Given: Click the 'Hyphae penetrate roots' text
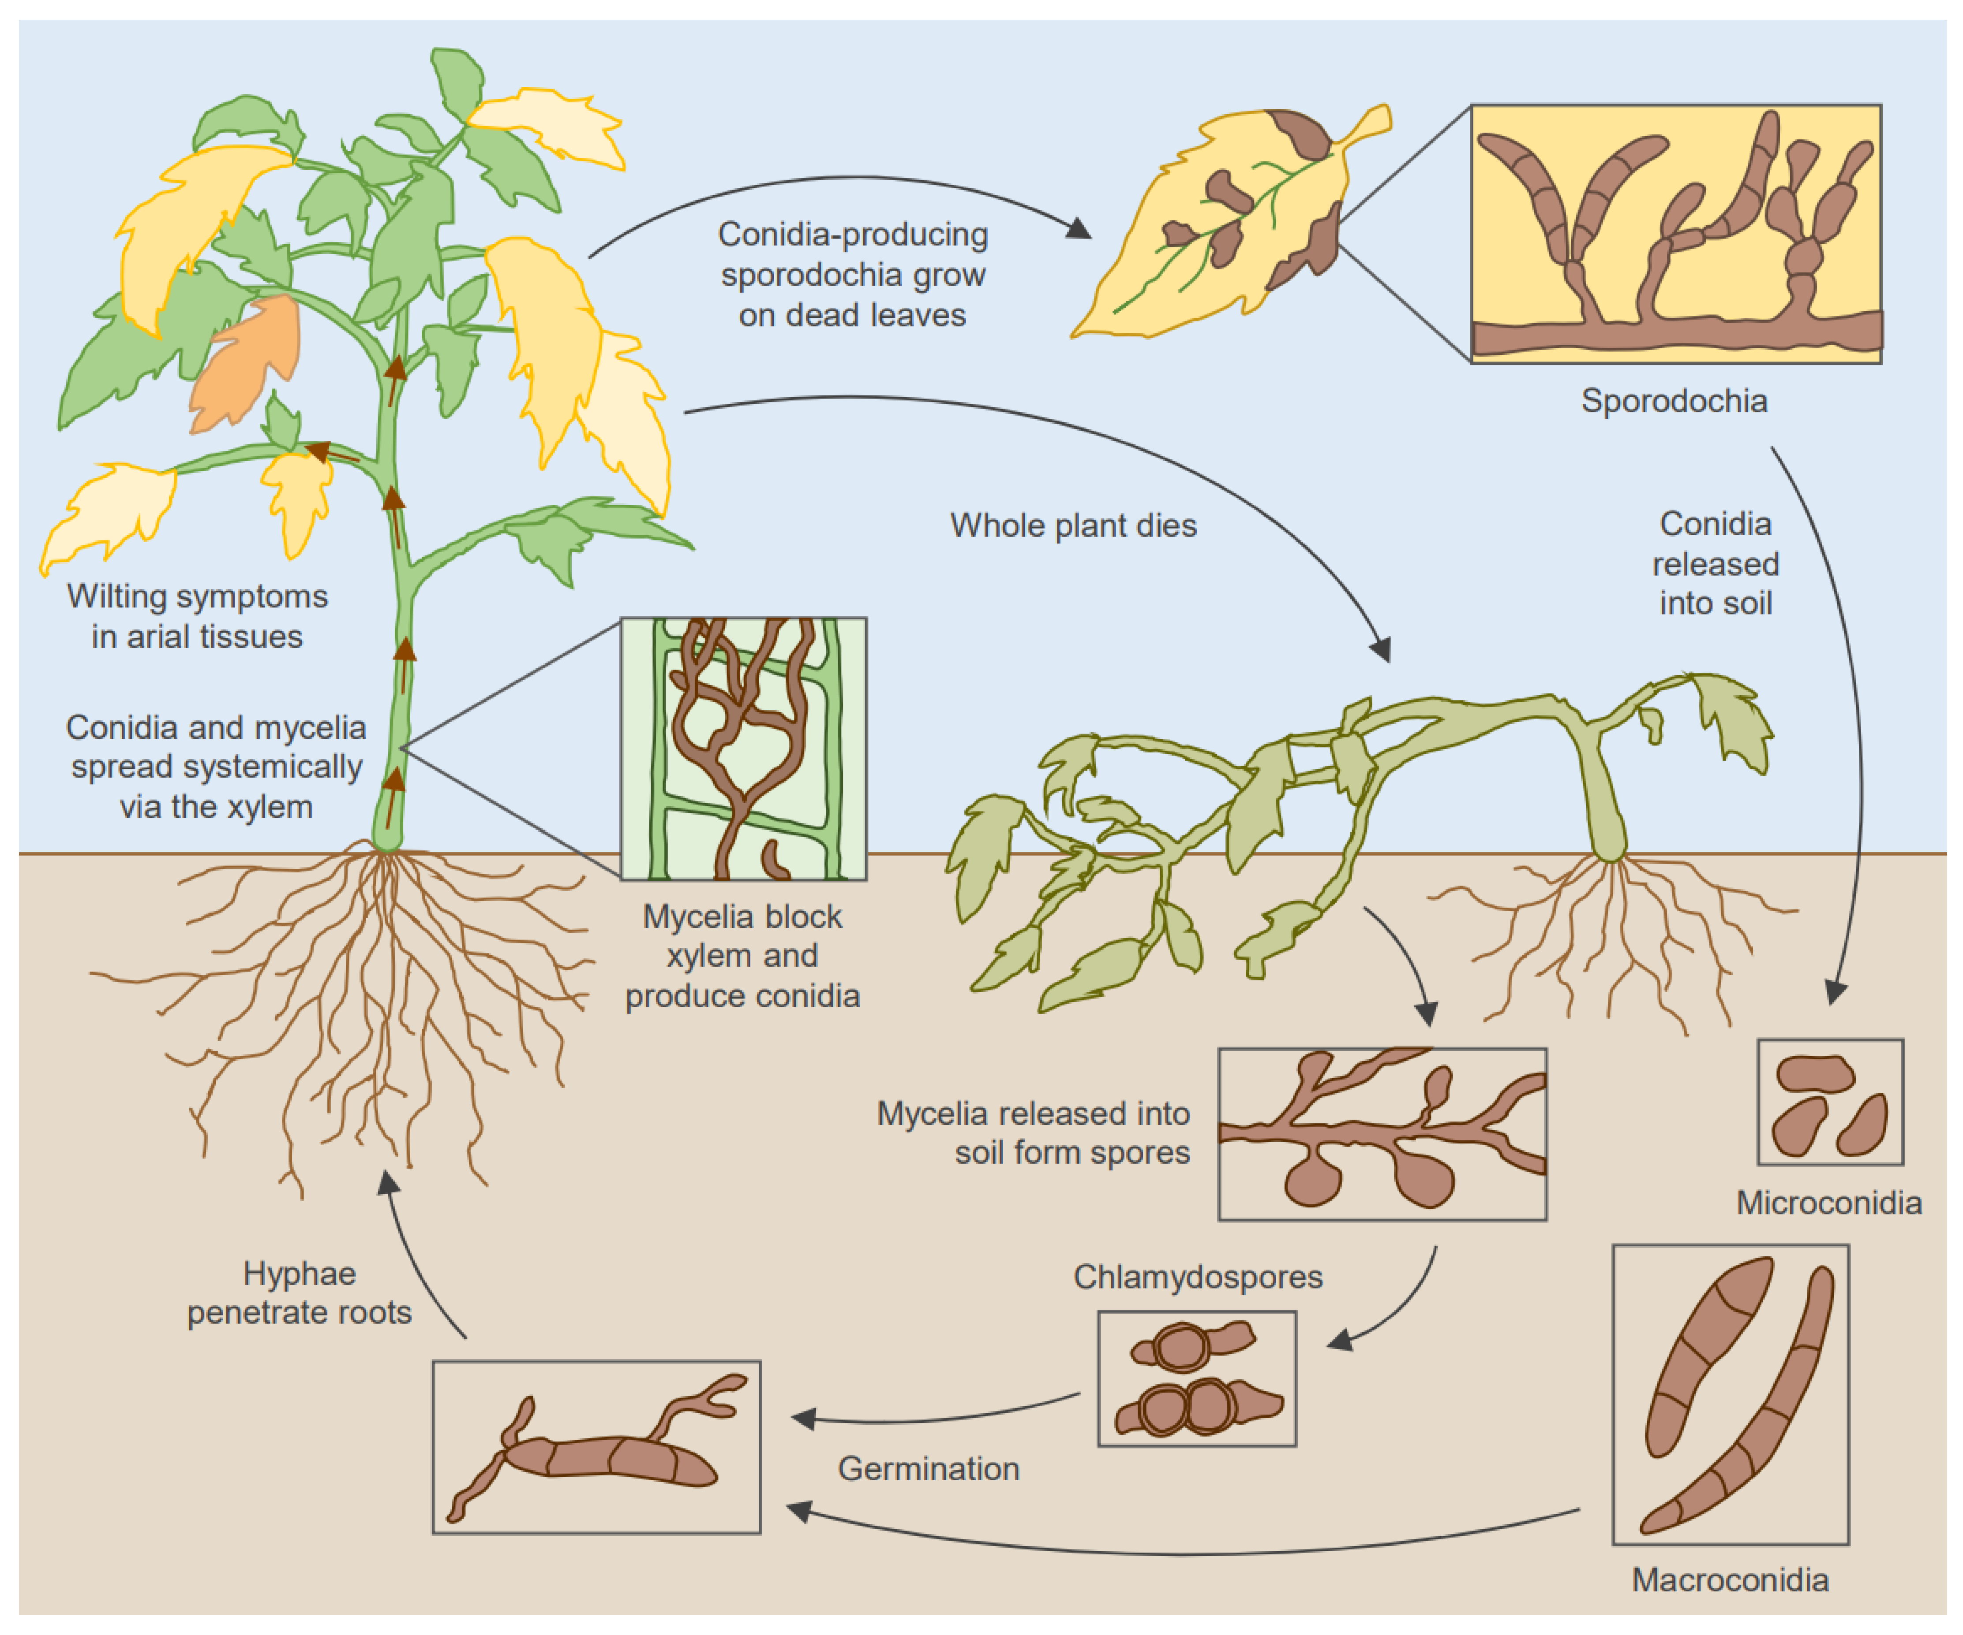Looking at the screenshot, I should pyautogui.click(x=299, y=1293).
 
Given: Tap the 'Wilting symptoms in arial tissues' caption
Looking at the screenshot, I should pyautogui.click(x=197, y=617).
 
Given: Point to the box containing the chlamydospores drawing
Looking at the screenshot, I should pyautogui.click(x=1196, y=1378).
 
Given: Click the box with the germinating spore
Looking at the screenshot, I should pyautogui.click(x=596, y=1446).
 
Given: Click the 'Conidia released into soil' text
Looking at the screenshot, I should pyautogui.click(x=1715, y=563).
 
